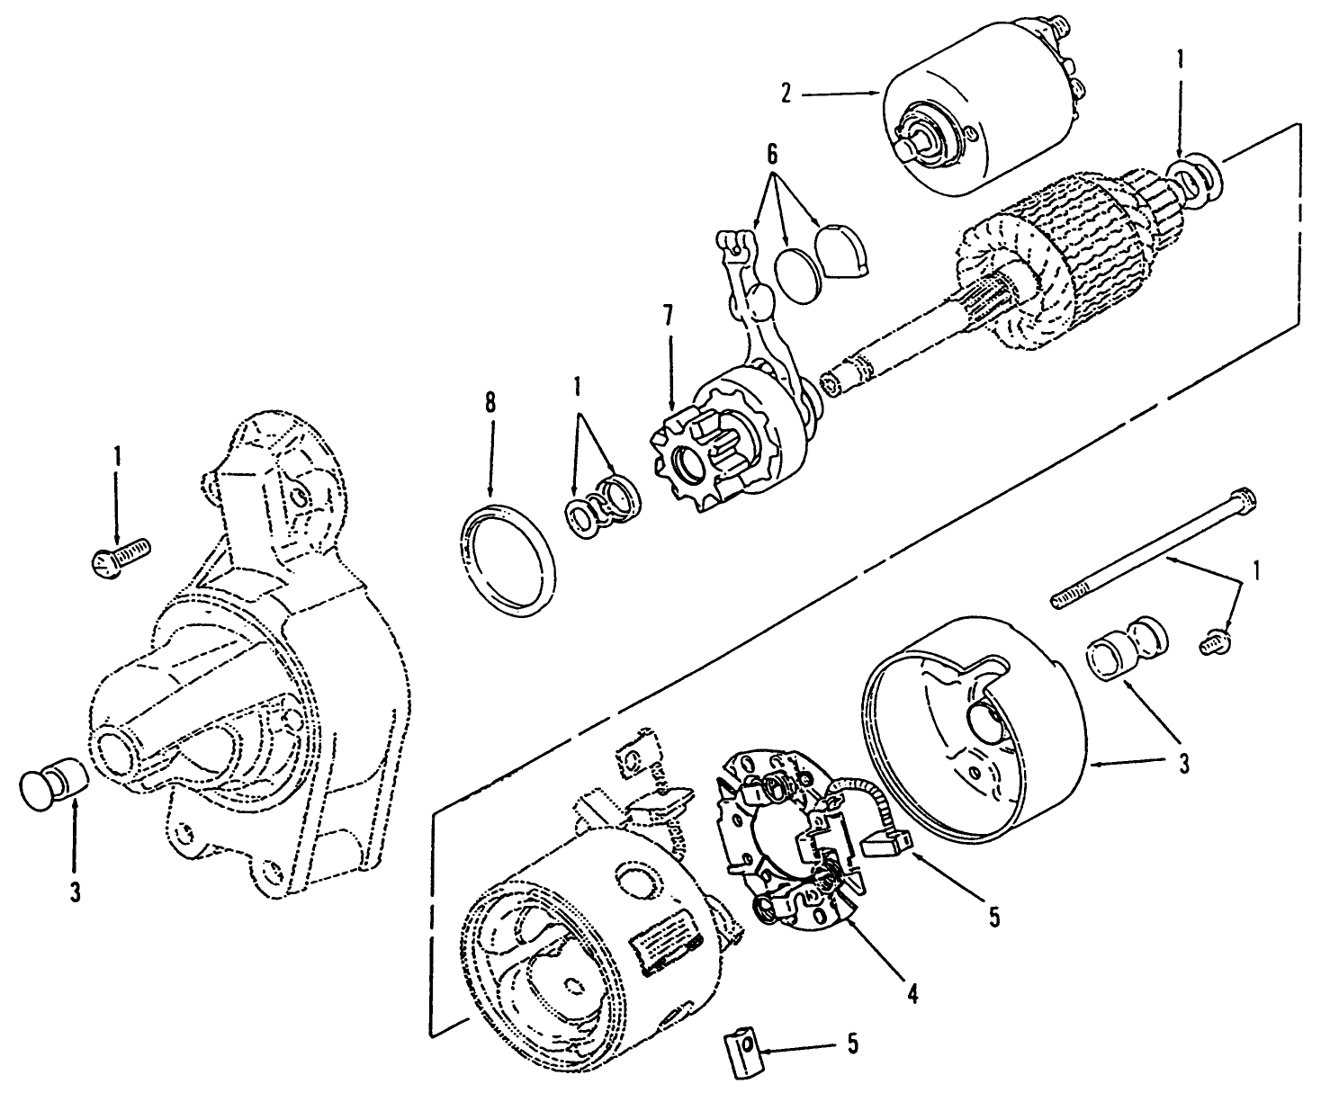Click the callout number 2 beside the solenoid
coord(786,94)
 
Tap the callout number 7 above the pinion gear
coord(668,317)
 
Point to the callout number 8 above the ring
coord(490,402)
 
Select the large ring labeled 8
coord(507,560)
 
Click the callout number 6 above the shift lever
coord(771,154)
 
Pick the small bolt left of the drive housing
coord(121,554)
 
